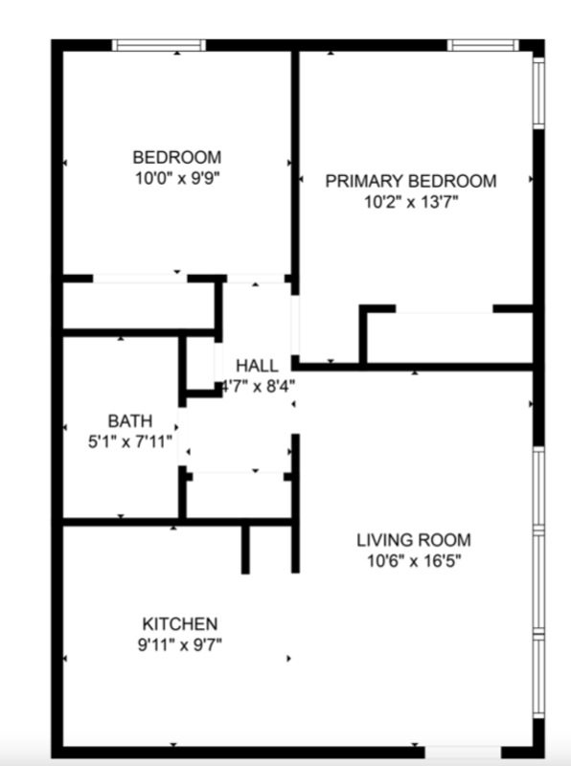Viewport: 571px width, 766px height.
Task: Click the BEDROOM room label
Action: point(176,157)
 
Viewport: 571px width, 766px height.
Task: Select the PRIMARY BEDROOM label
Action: point(411,181)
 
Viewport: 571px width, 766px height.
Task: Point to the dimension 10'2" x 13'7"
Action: point(411,202)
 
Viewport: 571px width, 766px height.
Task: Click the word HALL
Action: point(257,366)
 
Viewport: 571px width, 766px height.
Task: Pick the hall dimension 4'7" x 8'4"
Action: point(257,387)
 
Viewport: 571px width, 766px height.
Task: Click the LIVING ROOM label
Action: point(413,540)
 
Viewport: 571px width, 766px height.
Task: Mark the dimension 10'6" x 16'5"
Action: point(413,561)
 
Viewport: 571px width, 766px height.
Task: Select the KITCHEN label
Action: point(180,623)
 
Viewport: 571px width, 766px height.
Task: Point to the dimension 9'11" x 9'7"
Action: point(180,644)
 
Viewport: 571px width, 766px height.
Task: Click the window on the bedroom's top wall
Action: point(159,45)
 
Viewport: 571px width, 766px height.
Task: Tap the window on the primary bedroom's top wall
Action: point(483,45)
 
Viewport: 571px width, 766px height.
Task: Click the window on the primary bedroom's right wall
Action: point(538,92)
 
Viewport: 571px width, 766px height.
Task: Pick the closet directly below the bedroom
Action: point(139,305)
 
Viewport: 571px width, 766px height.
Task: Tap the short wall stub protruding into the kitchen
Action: point(246,549)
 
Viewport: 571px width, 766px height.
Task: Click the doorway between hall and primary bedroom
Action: point(295,326)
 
